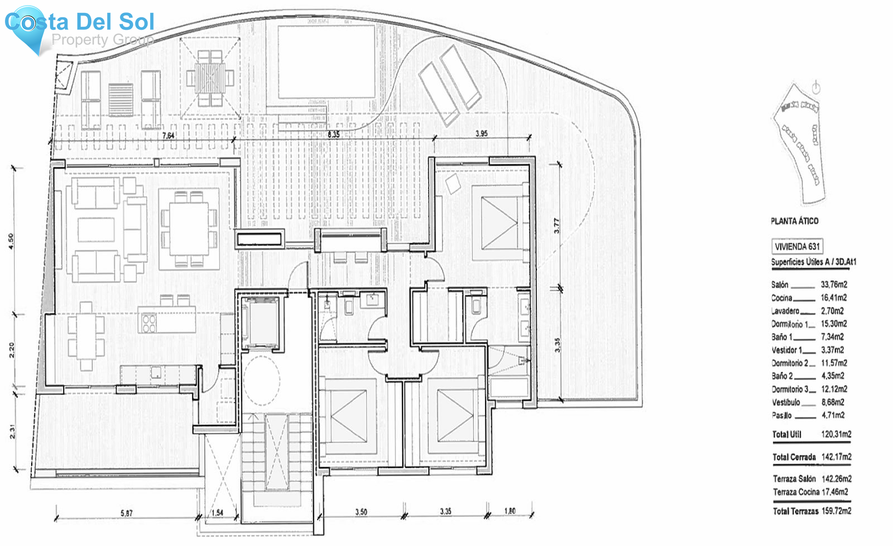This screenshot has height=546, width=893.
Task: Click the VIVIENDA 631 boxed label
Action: [797, 246]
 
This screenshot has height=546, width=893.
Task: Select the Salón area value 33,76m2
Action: [833, 284]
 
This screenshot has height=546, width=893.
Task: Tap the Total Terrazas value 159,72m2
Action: [836, 511]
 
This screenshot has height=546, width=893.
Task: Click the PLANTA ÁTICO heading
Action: [794, 221]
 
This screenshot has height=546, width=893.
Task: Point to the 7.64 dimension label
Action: [169, 135]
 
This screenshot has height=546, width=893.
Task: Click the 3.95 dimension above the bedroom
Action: [481, 134]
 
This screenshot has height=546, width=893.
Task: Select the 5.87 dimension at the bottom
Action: [127, 513]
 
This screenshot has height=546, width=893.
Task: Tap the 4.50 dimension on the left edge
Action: [11, 241]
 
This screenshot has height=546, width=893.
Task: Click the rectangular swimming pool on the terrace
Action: [326, 62]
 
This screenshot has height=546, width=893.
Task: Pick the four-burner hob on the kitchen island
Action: [149, 323]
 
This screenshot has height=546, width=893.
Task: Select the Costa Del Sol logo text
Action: [80, 22]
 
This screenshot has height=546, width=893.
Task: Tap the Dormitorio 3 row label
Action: [789, 389]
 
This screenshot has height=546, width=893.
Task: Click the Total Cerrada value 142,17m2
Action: [836, 457]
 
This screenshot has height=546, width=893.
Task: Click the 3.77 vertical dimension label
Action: [557, 226]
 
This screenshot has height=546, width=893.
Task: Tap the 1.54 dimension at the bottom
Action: [217, 513]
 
